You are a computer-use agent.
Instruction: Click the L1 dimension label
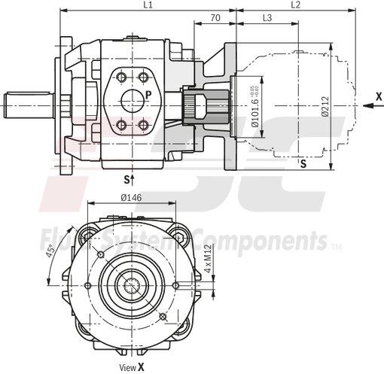pos(148,5)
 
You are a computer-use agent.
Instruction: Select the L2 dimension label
pos(295,5)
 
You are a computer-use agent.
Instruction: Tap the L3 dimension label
pos(267,17)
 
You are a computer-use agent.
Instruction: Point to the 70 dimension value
pos(215,17)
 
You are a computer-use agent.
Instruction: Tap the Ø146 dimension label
pos(133,199)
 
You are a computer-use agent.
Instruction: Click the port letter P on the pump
pos(148,95)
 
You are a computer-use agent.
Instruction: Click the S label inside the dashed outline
pos(303,163)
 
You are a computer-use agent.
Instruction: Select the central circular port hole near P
pos(133,101)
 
